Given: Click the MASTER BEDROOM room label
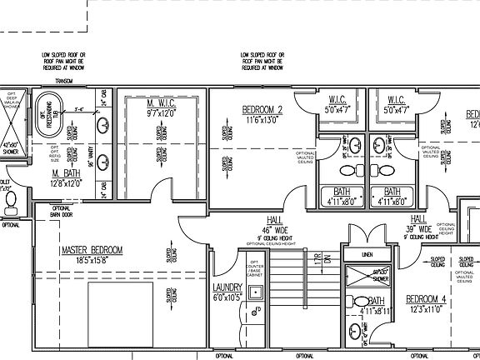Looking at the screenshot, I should point(92,250).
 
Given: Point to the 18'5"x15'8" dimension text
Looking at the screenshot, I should point(92,261).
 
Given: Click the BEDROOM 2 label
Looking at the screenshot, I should point(262,110).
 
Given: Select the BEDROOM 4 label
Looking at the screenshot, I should point(427,298).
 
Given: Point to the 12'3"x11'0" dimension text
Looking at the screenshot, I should point(427,309).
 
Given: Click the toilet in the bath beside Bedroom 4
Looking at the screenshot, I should point(359,302).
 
